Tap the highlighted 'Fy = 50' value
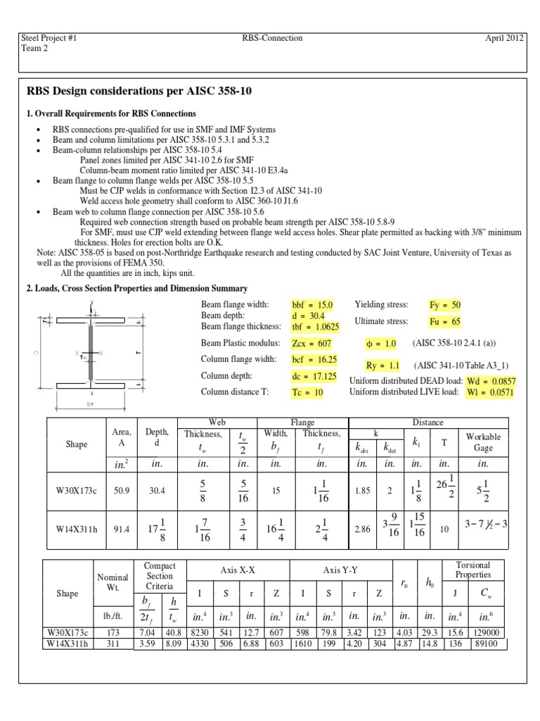445,305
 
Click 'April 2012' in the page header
503,39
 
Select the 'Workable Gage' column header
483,441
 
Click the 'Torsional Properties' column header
472,570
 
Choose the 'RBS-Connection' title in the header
271,39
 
